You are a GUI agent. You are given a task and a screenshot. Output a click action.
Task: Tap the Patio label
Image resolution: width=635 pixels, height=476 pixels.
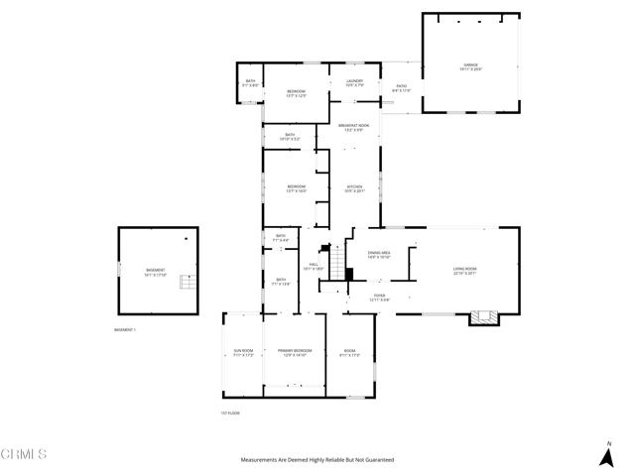click(402, 88)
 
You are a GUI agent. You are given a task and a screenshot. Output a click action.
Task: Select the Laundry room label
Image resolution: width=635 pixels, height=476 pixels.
click(354, 83)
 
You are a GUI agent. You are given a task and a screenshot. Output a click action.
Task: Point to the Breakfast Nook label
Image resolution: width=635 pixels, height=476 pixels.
click(354, 127)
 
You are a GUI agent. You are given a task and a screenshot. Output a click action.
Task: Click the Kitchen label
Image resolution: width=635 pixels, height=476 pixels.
click(354, 189)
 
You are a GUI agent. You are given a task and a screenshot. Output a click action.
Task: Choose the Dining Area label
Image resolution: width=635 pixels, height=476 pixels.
click(379, 255)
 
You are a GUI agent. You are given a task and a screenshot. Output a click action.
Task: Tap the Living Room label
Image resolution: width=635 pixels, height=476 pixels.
click(465, 270)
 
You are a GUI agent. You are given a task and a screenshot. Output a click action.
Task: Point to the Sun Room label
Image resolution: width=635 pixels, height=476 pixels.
click(243, 352)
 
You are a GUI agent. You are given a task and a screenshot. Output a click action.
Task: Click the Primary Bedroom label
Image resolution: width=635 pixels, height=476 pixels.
click(295, 352)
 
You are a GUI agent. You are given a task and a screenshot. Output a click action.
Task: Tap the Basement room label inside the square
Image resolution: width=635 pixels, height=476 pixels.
click(156, 272)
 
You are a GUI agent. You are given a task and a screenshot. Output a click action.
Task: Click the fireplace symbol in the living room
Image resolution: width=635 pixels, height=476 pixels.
click(483, 318)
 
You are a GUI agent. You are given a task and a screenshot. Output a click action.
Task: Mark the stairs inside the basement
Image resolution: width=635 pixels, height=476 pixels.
click(187, 283)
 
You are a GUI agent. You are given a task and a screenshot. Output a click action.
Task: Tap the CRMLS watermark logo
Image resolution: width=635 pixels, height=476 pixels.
click(24, 454)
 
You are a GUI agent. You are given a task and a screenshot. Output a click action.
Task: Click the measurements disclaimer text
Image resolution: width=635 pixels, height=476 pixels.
click(317, 460)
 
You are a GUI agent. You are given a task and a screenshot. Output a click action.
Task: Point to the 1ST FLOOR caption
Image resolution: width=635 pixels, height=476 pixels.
click(230, 414)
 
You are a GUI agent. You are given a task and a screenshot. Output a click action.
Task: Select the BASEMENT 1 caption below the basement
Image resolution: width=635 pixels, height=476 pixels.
click(127, 329)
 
